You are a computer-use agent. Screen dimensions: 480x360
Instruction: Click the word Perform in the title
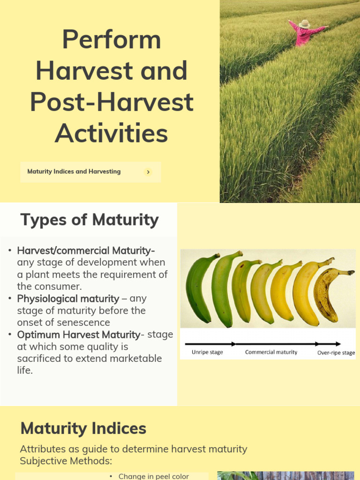pos(112,39)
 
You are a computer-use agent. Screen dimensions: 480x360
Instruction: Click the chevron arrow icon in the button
pos(148,172)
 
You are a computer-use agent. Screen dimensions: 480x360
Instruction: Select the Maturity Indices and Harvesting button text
pos(74,172)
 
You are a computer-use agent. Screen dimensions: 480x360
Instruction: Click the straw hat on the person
pos(304,23)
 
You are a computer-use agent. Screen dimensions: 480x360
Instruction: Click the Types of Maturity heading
pos(89,220)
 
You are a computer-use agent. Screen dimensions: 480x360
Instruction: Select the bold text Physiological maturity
pos(68,299)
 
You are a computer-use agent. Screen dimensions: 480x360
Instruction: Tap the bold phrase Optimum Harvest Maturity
pos(78,335)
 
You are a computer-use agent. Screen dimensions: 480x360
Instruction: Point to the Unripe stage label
pos(207,352)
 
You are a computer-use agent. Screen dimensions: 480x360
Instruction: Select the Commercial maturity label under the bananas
pos(271,352)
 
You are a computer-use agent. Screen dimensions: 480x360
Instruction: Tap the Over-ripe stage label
pos(336,352)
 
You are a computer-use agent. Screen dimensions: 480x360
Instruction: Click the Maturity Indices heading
pos(83,428)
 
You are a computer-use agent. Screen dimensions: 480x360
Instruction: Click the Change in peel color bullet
pos(153,476)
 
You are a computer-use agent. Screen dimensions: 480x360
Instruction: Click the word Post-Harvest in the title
pos(112,102)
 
